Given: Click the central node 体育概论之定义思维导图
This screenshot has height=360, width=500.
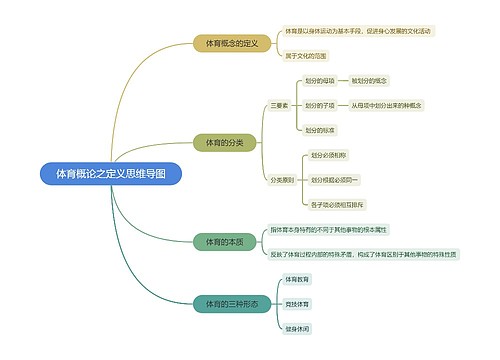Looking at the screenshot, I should coord(111,173).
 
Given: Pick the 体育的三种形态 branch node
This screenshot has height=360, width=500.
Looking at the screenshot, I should coord(232,303).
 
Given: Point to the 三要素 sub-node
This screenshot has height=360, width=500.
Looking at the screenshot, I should coord(281,105).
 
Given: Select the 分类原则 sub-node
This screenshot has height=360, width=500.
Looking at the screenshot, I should coord(282,180).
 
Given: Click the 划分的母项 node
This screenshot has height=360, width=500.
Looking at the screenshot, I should coord(320,80).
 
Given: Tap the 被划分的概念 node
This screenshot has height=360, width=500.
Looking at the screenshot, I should coord(370,80).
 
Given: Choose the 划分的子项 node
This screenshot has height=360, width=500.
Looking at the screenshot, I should coord(320,105).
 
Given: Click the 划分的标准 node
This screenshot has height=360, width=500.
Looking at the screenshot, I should coord(320,130).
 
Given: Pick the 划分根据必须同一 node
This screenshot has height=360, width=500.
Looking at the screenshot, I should coord(335,180).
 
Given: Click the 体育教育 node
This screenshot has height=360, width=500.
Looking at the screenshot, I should coord(298,279).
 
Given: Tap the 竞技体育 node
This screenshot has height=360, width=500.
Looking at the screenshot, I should coord(298,303).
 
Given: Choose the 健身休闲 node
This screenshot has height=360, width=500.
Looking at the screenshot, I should coord(298,327).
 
